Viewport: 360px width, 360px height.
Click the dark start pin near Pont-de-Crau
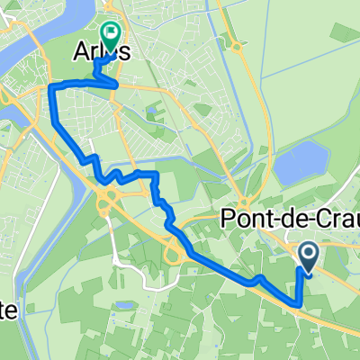(308, 258)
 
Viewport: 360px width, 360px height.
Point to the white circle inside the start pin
(308, 255)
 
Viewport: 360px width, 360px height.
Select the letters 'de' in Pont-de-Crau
(288, 217)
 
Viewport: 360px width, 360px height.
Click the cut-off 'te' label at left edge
(8, 310)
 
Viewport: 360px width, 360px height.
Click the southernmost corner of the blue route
(297, 304)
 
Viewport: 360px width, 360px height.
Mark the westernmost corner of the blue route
(50, 86)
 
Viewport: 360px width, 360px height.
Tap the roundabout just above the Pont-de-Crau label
(246, 200)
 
